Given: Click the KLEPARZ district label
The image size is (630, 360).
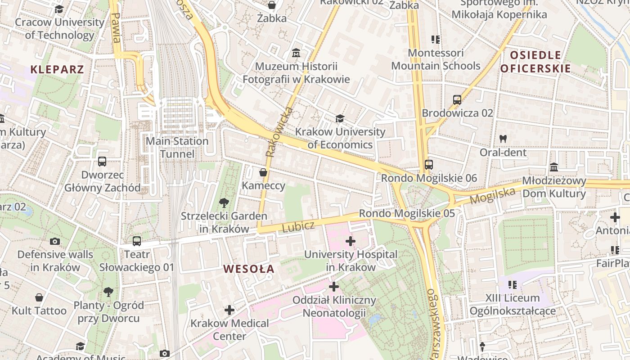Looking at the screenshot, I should point(57,69).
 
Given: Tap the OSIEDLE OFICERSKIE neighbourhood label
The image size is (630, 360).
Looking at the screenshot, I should point(535,62).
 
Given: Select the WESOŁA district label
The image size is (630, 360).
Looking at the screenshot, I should point(249,269).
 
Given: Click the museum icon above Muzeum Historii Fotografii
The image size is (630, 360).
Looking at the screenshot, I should point(296,53).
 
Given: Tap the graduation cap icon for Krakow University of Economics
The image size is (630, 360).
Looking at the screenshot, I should point(340,118).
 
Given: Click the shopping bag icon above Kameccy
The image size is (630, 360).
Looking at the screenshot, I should point(263,172).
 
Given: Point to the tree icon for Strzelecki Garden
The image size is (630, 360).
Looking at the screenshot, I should point(224,203).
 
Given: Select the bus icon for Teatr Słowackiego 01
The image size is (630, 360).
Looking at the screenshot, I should point(137,241).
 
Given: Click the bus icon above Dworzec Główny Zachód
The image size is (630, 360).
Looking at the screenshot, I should point(102,162).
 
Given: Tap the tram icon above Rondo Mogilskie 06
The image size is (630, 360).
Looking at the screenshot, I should point(428,165).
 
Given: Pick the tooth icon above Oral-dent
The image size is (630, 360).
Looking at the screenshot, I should point(503,139).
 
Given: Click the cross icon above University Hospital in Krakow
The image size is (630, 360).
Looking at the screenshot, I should point(351,241).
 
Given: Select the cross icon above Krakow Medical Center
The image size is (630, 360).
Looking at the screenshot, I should point(229,310).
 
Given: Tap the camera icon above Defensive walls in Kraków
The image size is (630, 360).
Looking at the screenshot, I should point(55,242).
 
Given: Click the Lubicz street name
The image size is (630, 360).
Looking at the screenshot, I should point(298,226).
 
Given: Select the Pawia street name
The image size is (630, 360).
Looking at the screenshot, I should point(116,28).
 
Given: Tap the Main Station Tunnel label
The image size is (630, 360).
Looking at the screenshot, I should point(177,148).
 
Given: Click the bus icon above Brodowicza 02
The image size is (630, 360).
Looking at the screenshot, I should point(457,100).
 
